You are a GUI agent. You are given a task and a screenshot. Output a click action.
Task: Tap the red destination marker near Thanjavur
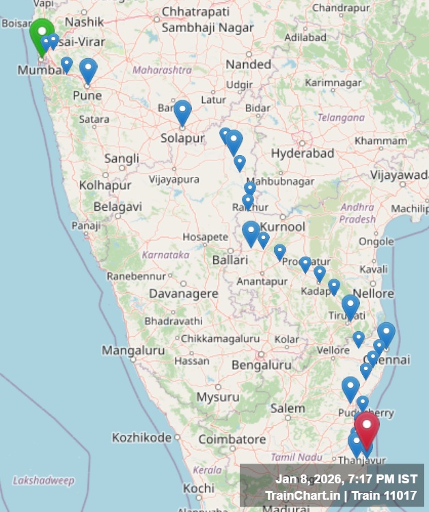pyautogui.click(x=367, y=427)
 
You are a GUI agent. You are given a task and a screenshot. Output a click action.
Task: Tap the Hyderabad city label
pyautogui.click(x=303, y=154)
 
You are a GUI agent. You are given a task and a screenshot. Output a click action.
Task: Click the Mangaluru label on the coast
pyautogui.click(x=133, y=351)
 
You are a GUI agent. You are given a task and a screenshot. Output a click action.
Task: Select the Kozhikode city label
pyautogui.click(x=141, y=437)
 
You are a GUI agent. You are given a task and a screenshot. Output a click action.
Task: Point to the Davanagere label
pyautogui.click(x=184, y=294)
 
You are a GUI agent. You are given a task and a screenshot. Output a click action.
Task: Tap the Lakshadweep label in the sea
pyautogui.click(x=43, y=481)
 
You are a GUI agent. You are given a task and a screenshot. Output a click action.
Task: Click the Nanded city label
pyautogui.click(x=249, y=64)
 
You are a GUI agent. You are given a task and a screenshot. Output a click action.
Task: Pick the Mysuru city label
pyautogui.click(x=218, y=397)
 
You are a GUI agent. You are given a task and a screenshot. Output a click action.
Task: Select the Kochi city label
pyautogui.click(x=199, y=489)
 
